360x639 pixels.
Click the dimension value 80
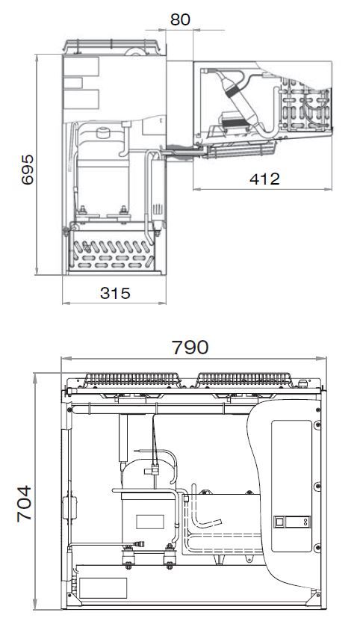[x=180, y=19]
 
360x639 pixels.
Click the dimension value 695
[x=28, y=170]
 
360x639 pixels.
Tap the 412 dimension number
[x=264, y=179]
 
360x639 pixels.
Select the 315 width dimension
[x=115, y=293]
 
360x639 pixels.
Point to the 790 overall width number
[x=190, y=348]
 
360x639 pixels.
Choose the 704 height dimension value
[x=25, y=503]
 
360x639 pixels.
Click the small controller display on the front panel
[x=292, y=522]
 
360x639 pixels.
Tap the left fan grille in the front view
[x=131, y=380]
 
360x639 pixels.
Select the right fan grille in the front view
[x=244, y=380]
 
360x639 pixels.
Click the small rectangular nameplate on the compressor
[x=150, y=522]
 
